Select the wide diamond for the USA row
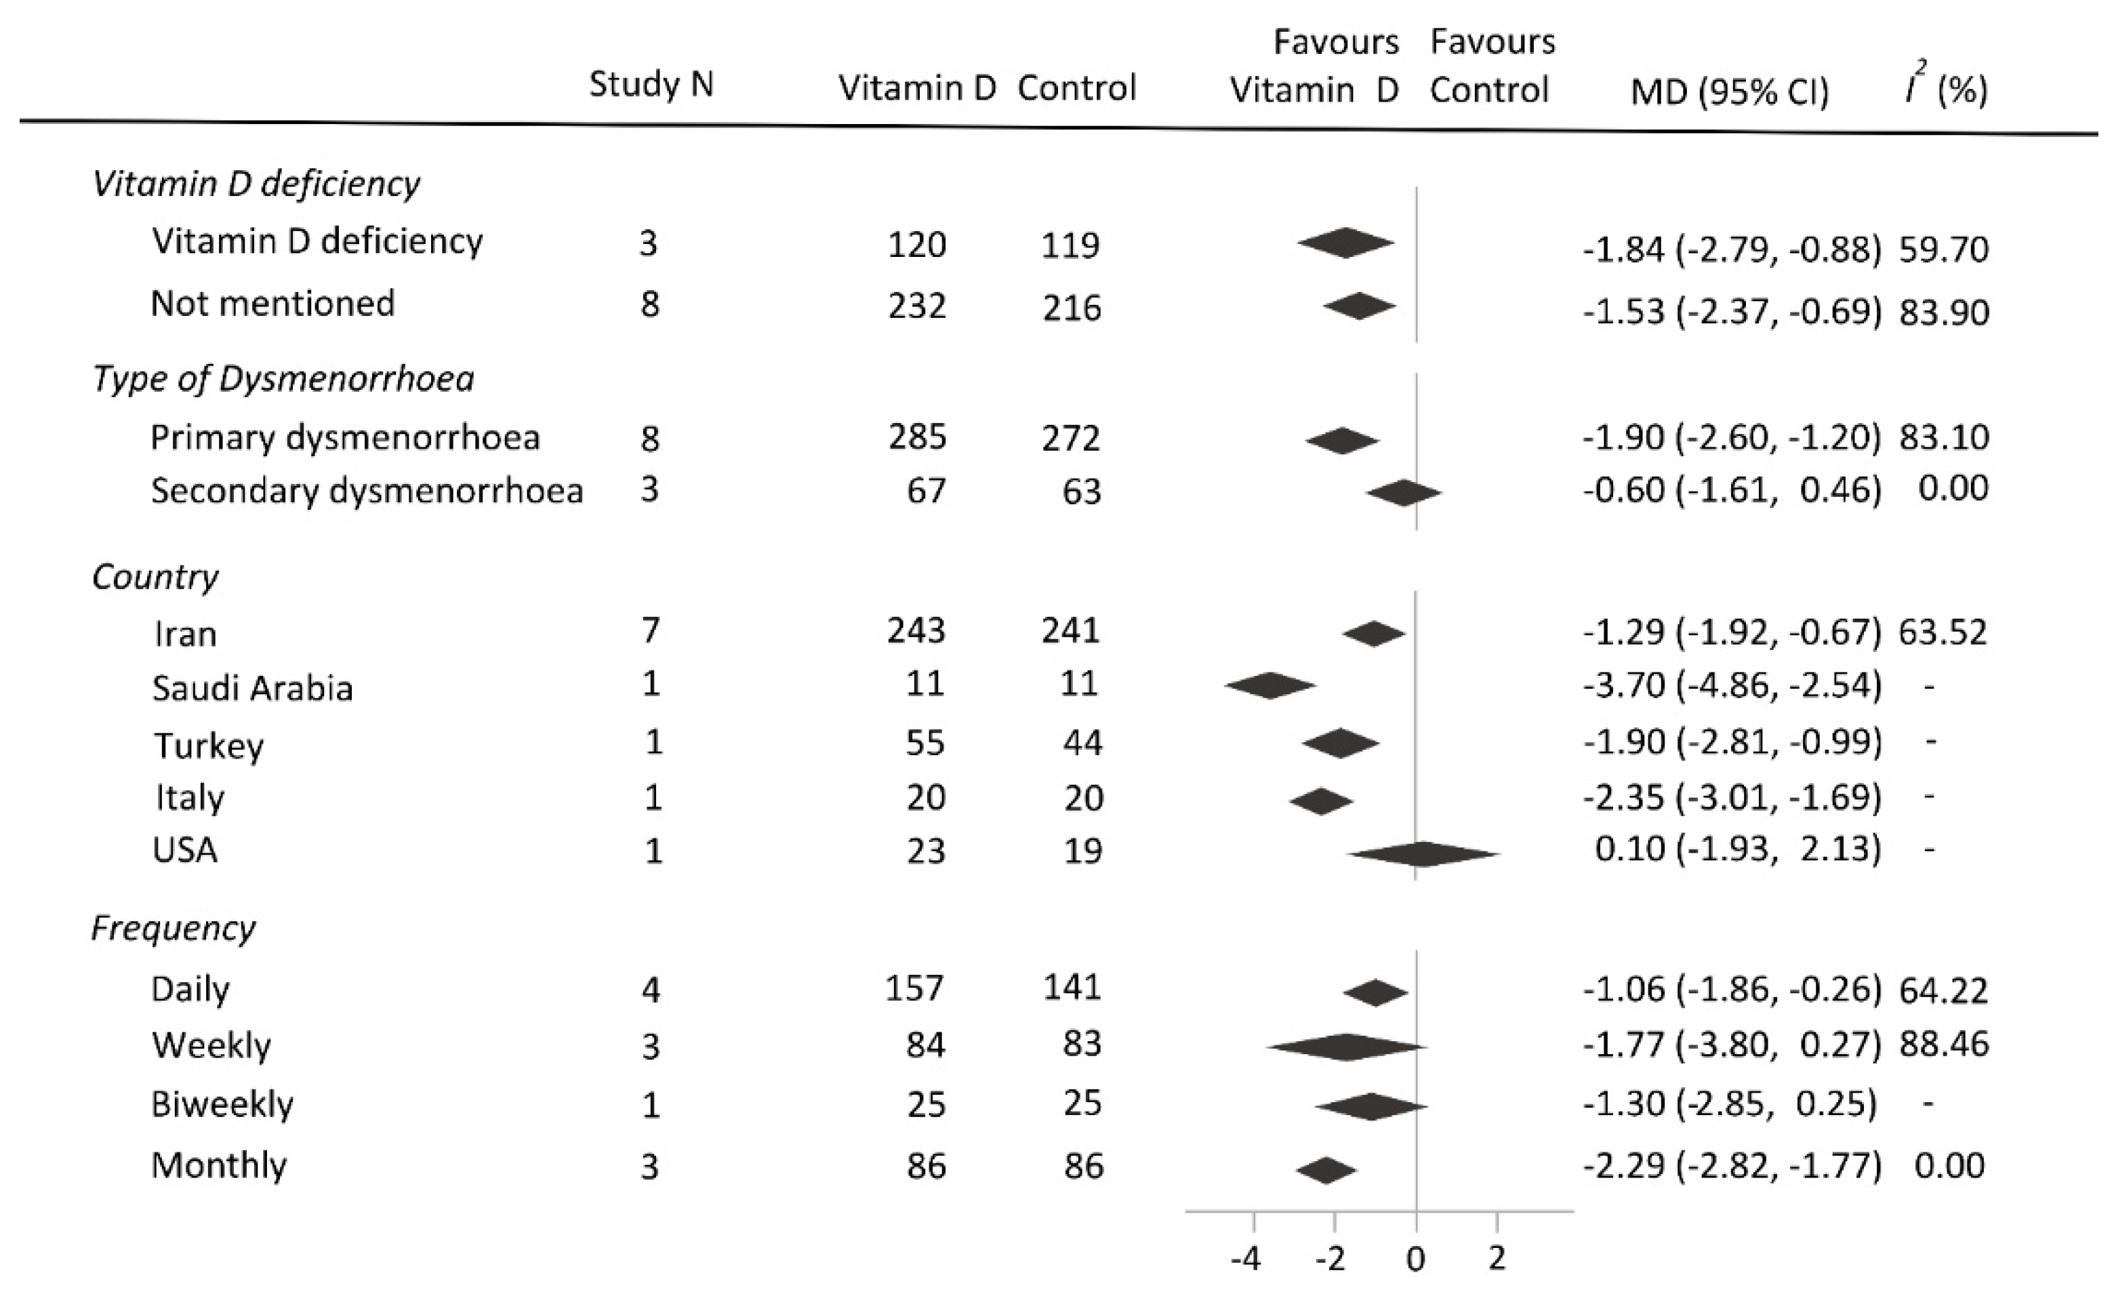point(1423,853)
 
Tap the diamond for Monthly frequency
point(1326,1170)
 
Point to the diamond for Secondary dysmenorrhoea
point(1404,492)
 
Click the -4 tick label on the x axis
point(1246,1259)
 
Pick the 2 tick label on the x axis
point(1497,1259)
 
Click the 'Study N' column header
point(651,85)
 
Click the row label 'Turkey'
point(209,745)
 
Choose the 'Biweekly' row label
point(222,1104)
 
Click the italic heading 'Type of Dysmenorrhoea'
point(283,378)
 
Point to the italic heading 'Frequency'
point(174,927)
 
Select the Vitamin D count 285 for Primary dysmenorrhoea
point(917,437)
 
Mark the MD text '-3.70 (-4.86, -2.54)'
point(1732,685)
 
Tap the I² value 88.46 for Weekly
point(1943,1044)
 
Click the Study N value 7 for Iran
point(650,630)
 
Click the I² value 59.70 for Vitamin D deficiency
point(1943,249)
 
